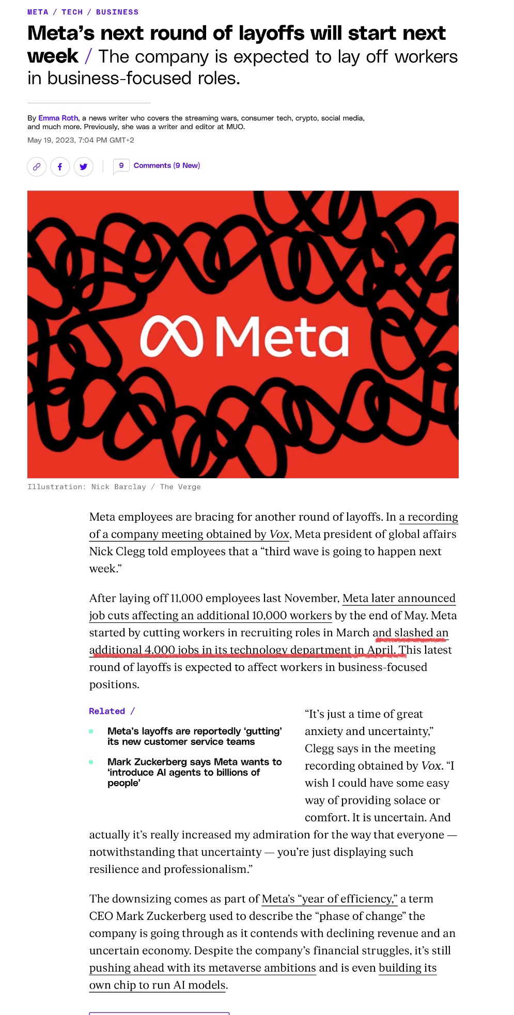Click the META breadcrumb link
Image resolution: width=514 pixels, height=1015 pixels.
pos(38,12)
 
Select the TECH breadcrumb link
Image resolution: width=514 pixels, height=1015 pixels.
pos(72,12)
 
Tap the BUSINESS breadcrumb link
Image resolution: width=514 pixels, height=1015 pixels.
pos(117,12)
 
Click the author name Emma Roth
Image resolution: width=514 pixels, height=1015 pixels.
pos(58,118)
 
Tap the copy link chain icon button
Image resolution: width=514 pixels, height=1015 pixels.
pos(37,166)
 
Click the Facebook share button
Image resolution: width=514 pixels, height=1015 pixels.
pos(60,166)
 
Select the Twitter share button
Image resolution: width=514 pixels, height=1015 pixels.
pos(84,166)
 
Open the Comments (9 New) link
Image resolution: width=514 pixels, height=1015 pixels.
pos(166,165)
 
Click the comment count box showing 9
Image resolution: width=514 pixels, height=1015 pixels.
pos(121,165)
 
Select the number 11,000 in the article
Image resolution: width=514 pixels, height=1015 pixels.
pos(186,598)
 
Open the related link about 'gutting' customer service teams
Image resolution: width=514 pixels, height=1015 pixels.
pos(194,736)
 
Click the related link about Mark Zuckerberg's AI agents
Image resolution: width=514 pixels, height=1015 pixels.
pos(194,772)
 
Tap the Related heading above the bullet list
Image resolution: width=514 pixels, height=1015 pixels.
pos(107,711)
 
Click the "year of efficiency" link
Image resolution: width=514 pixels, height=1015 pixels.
pos(330,899)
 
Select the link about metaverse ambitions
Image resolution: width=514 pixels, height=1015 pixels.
pos(203,967)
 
